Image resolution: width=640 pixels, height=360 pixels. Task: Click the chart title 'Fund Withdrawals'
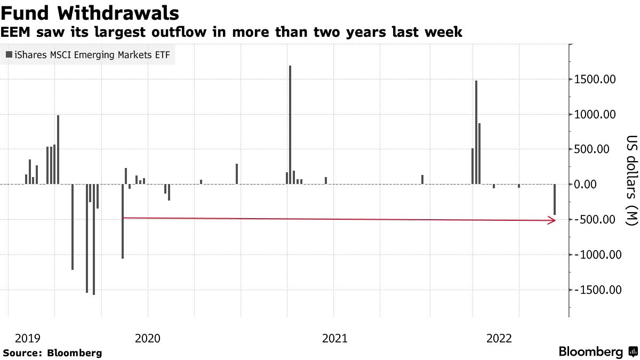click(x=90, y=12)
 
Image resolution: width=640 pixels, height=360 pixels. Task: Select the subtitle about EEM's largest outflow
click(x=231, y=33)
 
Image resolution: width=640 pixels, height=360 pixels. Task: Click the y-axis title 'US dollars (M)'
click(x=631, y=180)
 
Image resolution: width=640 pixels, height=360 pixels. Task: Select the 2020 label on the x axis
click(x=147, y=338)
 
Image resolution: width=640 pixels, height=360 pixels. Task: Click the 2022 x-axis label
click(x=499, y=338)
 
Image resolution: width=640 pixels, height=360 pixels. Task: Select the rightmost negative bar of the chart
click(x=555, y=199)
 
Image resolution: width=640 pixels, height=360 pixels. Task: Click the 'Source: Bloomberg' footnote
click(x=52, y=353)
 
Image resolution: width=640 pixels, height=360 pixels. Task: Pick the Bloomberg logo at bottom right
click(x=597, y=352)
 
